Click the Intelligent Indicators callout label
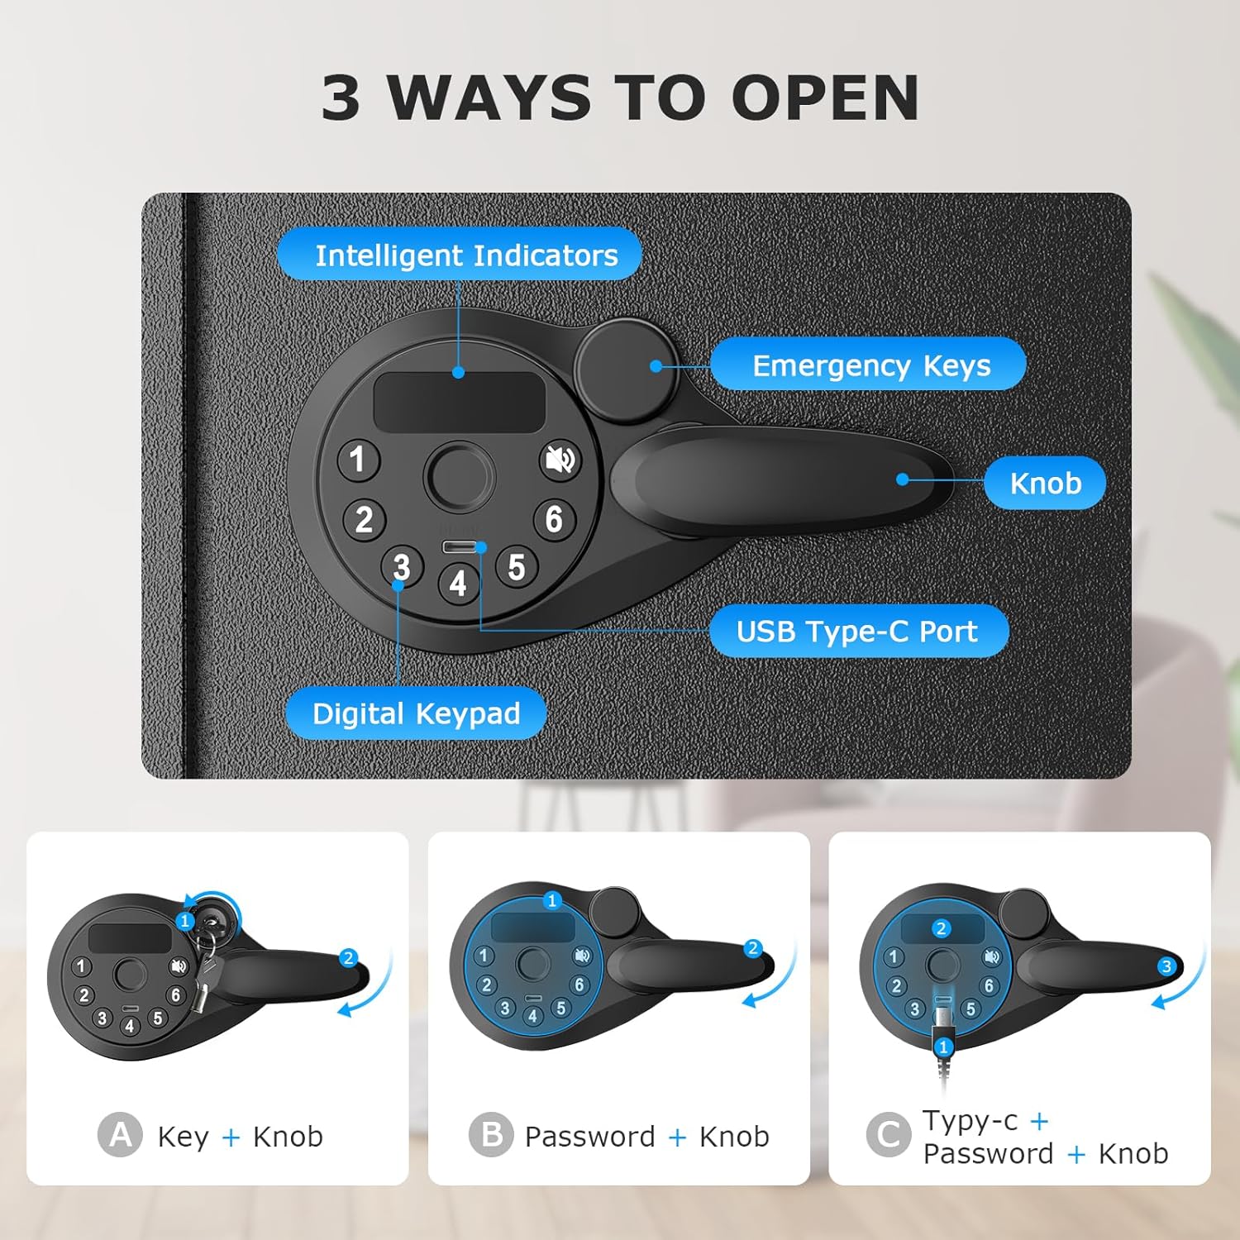(459, 255)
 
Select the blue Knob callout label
(1045, 483)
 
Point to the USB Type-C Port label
(859, 632)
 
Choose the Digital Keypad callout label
(416, 713)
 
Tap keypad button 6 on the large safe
(554, 519)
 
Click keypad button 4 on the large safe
(459, 584)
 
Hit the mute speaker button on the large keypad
(560, 460)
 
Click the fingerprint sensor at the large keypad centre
(459, 475)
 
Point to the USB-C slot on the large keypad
(459, 546)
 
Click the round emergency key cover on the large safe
(626, 370)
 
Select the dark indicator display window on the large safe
(459, 401)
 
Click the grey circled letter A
(120, 1134)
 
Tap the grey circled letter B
(491, 1134)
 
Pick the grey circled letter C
(889, 1134)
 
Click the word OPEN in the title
(825, 98)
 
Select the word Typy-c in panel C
(970, 1122)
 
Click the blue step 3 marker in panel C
(1166, 966)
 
